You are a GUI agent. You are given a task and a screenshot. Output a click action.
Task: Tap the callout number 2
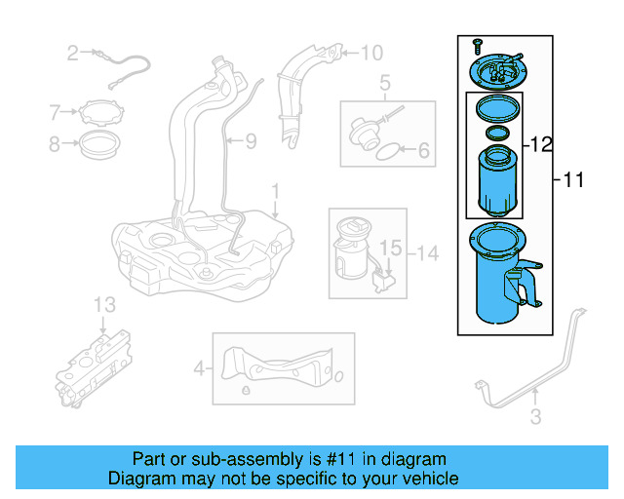[x=72, y=53]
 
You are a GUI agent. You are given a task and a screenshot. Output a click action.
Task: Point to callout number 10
[x=373, y=54]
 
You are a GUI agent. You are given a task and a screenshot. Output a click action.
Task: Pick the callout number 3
[x=534, y=419]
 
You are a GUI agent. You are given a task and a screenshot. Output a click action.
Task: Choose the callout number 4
[x=199, y=368]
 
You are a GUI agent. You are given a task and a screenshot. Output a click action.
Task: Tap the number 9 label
[x=251, y=142]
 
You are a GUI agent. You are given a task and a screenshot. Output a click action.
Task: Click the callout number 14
[x=427, y=253]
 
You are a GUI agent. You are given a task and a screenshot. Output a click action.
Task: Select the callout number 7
[x=55, y=114]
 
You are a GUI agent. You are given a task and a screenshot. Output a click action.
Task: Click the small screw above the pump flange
[x=478, y=46]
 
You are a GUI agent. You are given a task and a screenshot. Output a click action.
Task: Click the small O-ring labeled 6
[x=386, y=151]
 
